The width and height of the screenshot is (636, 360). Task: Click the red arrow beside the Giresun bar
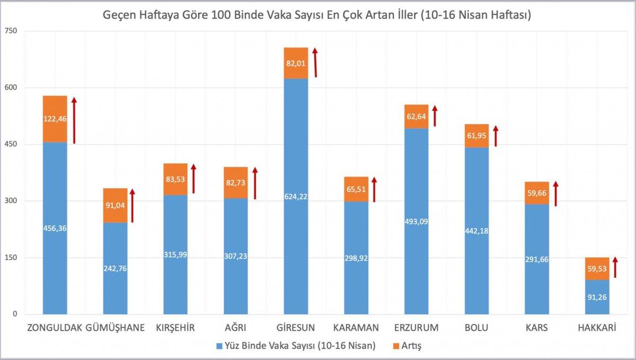pos(315,62)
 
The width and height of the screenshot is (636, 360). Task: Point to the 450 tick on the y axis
pos(11,144)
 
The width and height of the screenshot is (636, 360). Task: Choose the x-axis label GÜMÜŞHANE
pos(115,328)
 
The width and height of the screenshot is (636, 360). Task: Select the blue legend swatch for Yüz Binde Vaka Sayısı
pos(219,346)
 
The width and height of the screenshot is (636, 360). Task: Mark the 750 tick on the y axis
pos(11,31)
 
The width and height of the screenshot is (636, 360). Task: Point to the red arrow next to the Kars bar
pos(555,194)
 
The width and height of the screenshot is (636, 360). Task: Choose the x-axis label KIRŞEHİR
pos(175,328)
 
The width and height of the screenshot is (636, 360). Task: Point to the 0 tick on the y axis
pos(15,314)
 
